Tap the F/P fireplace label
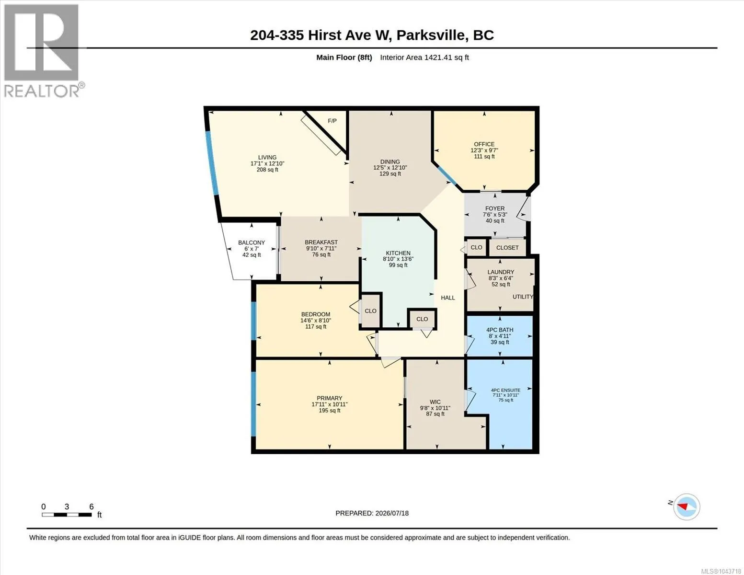click(x=332, y=121)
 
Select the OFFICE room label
click(x=484, y=144)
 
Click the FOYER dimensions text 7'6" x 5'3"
click(x=495, y=215)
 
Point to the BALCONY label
click(x=252, y=243)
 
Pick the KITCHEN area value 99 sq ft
click(x=398, y=265)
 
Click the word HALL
click(x=448, y=298)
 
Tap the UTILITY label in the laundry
click(x=523, y=297)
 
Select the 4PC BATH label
click(x=500, y=330)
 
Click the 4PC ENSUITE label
click(x=506, y=390)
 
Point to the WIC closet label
click(x=435, y=402)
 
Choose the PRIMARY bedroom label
click(x=330, y=398)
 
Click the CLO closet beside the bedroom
click(x=370, y=311)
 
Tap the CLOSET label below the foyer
click(x=507, y=248)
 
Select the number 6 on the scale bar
click(x=92, y=507)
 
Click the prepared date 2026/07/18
click(x=392, y=513)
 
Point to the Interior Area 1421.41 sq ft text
click(x=424, y=57)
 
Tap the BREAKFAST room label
click(x=321, y=242)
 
